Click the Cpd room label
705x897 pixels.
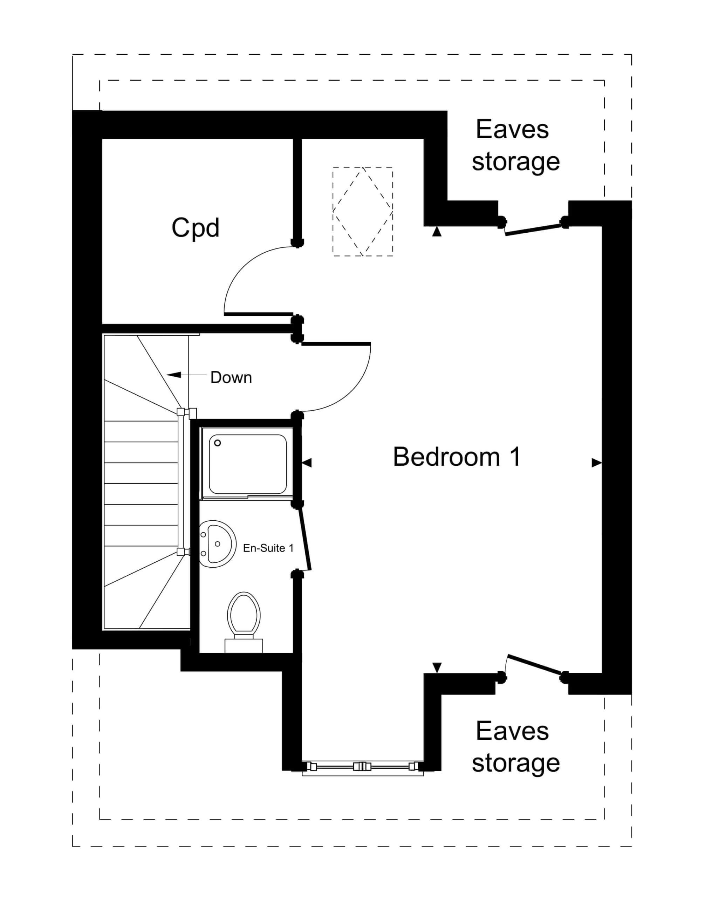(x=195, y=228)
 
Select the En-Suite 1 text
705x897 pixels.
(x=268, y=548)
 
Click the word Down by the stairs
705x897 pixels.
(x=231, y=377)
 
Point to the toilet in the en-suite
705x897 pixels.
(x=244, y=622)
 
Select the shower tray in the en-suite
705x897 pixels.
(x=248, y=464)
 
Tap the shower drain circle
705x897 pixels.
(x=218, y=443)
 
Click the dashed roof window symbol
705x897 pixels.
(x=363, y=211)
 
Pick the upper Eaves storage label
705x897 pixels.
(x=515, y=145)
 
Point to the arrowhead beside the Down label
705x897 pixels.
(x=174, y=375)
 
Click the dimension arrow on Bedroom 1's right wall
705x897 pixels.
(x=596, y=463)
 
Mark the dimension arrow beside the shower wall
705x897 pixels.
(x=307, y=463)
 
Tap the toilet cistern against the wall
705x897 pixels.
(x=244, y=646)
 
